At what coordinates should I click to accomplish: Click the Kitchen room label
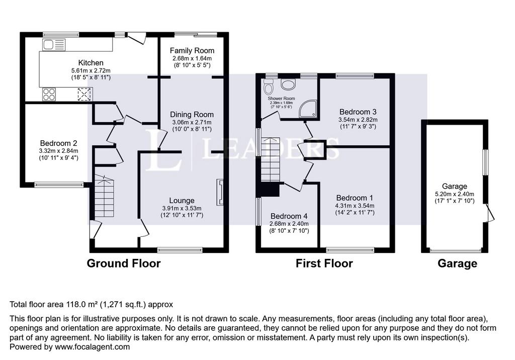click(91, 63)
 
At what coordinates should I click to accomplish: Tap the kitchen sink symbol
click(54, 45)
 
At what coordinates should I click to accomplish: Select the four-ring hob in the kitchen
click(49, 94)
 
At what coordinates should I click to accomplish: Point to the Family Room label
click(192, 51)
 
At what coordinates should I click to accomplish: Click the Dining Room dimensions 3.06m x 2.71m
click(192, 122)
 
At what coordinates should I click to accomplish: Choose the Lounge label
click(182, 201)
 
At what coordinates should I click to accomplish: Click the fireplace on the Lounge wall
click(220, 192)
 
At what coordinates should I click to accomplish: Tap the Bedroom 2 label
click(58, 143)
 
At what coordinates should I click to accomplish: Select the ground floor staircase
click(104, 196)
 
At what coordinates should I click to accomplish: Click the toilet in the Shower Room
click(269, 86)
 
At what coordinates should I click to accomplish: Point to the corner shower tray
click(308, 109)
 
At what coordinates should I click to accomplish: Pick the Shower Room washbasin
click(288, 84)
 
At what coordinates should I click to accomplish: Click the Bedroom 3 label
click(358, 112)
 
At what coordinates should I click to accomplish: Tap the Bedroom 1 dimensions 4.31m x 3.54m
click(355, 206)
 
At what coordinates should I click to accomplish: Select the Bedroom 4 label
click(289, 216)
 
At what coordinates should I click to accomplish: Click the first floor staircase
click(271, 159)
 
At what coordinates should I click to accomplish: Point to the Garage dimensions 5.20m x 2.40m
click(455, 194)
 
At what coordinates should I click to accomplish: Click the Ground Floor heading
click(124, 263)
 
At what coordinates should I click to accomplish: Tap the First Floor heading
click(324, 263)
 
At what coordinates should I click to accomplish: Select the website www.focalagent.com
click(93, 347)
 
